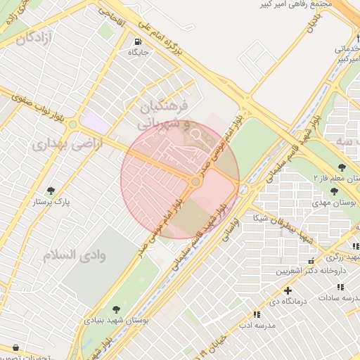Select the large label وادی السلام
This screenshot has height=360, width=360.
coord(74,255)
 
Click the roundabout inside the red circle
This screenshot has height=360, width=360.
coord(196,182)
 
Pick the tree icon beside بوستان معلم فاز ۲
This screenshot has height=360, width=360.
coord(342,167)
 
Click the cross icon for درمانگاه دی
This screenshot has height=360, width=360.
coord(287,290)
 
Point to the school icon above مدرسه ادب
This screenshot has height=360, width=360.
coord(256,314)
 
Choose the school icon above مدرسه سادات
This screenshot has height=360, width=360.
coord(341,287)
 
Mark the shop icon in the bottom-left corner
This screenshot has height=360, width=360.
coord(16,347)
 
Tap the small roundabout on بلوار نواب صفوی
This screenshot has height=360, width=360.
coord(72,124)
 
